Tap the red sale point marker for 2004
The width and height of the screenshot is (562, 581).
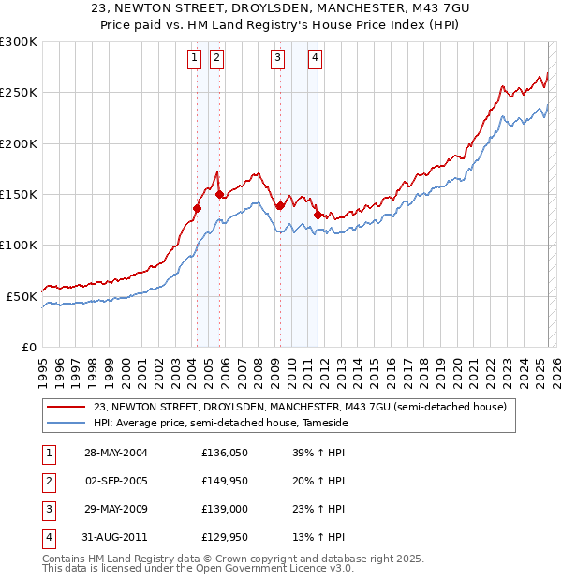[198, 209]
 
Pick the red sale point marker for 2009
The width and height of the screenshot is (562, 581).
[280, 205]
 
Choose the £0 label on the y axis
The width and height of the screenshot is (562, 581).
[28, 347]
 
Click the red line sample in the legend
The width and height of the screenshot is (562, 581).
[66, 407]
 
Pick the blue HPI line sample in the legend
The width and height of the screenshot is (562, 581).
[66, 423]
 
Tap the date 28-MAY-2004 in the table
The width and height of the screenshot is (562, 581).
[116, 453]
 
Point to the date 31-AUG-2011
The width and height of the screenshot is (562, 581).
[116, 537]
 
